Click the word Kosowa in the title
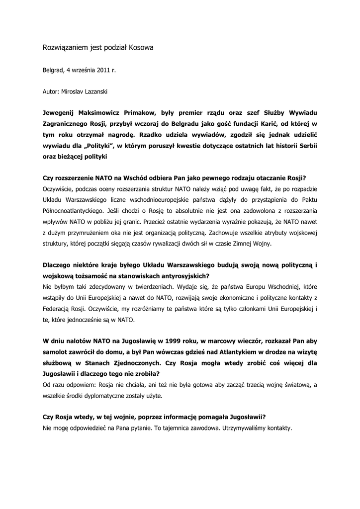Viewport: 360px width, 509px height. click(x=142, y=48)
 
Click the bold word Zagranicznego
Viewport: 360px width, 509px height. click(x=69, y=123)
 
